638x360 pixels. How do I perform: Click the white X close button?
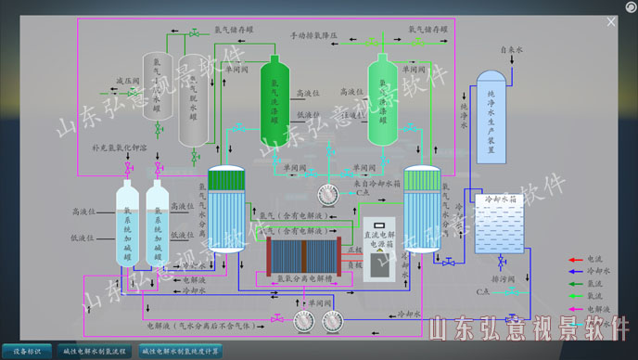[x=611, y=21]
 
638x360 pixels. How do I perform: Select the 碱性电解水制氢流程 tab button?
[x=96, y=351]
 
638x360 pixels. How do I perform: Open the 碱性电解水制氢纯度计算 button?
[x=181, y=351]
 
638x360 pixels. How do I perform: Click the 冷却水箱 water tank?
[x=500, y=225]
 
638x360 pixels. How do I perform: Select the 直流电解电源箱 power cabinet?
[x=379, y=249]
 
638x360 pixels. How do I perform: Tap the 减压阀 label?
[x=127, y=82]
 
